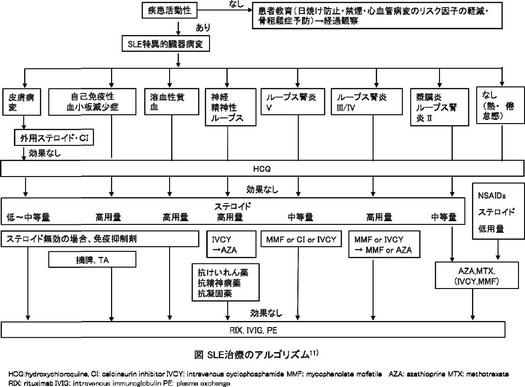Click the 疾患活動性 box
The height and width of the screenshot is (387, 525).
click(x=170, y=10)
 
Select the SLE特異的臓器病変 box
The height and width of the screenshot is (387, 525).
click(x=166, y=44)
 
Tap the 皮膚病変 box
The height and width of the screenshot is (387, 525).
click(x=22, y=102)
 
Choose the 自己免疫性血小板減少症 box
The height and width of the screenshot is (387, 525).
click(x=92, y=102)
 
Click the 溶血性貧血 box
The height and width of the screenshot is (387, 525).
click(x=172, y=102)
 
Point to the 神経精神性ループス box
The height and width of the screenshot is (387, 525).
click(x=230, y=107)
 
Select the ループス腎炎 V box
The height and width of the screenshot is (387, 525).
click(x=293, y=102)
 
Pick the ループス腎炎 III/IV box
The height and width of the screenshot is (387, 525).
click(x=367, y=102)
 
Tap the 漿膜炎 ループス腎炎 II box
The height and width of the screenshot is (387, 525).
click(x=440, y=107)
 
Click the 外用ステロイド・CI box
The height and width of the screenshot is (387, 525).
click(x=54, y=138)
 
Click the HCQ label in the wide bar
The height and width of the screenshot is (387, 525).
click(x=262, y=169)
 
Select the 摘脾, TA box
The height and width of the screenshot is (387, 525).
click(x=92, y=260)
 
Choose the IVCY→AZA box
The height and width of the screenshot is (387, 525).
click(x=231, y=244)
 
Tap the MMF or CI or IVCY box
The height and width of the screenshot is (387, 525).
click(x=301, y=239)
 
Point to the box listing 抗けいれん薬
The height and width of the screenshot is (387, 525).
click(x=226, y=282)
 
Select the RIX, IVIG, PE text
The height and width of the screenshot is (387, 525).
click(x=254, y=330)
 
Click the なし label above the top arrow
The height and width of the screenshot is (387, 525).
click(x=236, y=4)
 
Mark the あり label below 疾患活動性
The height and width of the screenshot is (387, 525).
click(x=203, y=27)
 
